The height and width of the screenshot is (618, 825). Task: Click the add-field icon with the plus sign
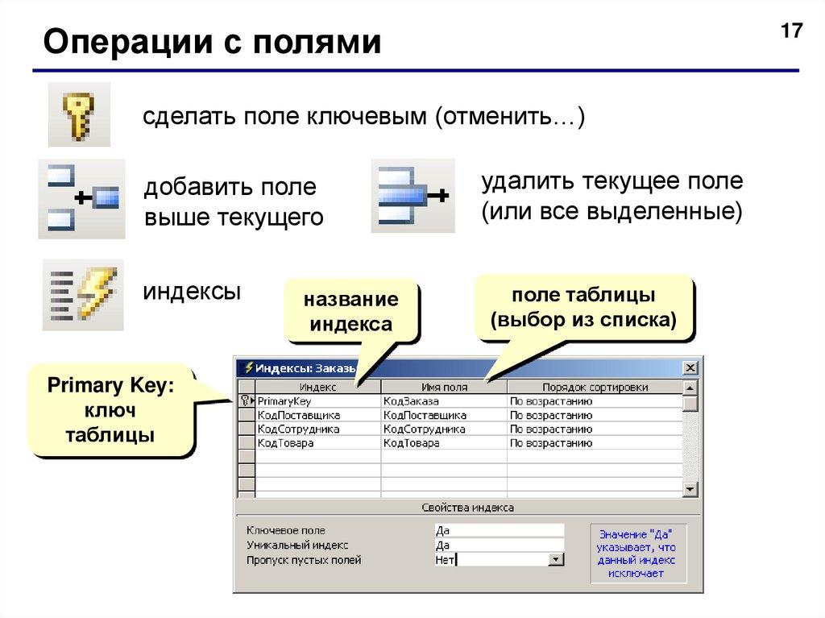click(81, 198)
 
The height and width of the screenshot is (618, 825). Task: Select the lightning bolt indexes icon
click(83, 294)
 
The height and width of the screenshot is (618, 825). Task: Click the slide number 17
click(791, 31)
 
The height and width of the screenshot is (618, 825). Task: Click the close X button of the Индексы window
click(690, 368)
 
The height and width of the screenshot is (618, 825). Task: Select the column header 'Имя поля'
click(444, 388)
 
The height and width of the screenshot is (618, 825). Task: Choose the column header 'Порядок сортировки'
click(595, 388)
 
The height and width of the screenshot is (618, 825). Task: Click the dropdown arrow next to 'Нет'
click(555, 559)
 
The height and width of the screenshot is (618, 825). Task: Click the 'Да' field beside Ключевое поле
click(498, 530)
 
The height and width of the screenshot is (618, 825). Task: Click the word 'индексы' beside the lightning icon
click(192, 291)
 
